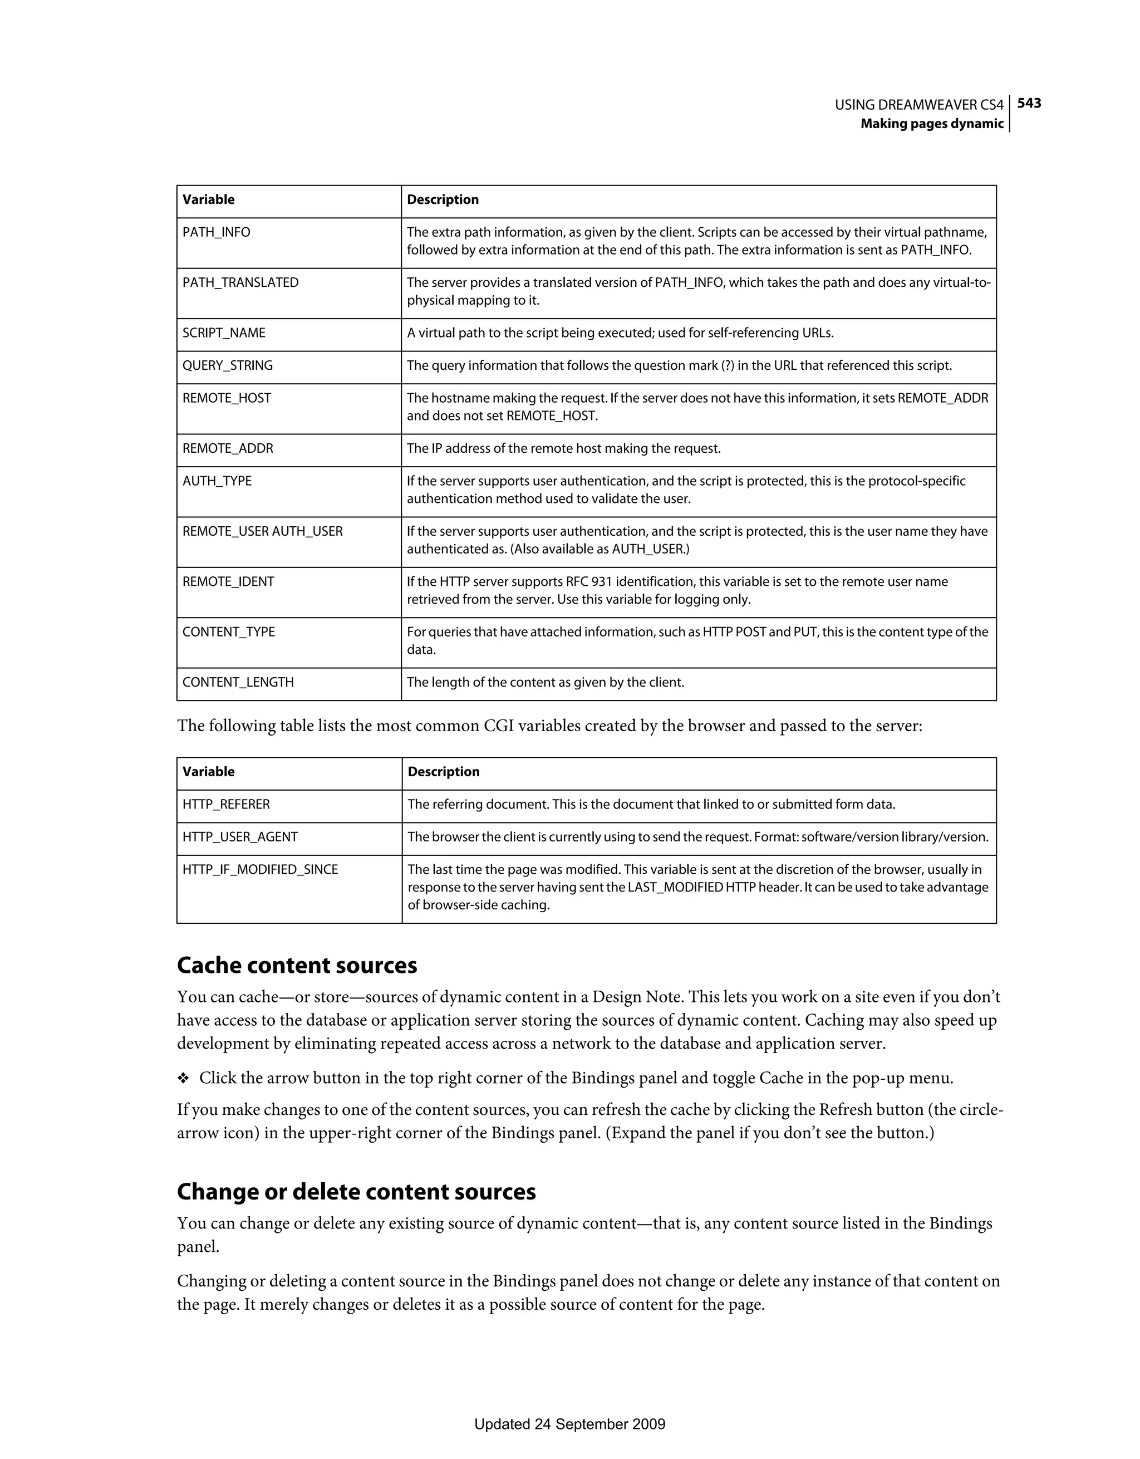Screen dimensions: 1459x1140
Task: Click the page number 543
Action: (x=1029, y=103)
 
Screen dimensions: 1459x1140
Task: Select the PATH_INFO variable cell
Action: (x=217, y=232)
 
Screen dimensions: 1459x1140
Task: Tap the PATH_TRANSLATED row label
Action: (x=240, y=282)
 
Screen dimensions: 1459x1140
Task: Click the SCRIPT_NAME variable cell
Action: (x=224, y=332)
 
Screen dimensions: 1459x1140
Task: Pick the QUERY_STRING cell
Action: (x=228, y=365)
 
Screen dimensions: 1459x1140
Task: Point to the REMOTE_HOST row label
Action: (x=227, y=398)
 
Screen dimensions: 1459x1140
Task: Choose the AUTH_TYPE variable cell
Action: (x=217, y=481)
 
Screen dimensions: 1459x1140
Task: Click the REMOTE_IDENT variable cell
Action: (x=228, y=582)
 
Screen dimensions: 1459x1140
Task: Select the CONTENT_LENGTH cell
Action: (x=238, y=682)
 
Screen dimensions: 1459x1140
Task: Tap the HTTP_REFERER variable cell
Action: (x=227, y=804)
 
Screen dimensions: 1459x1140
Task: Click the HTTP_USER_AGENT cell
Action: (x=240, y=837)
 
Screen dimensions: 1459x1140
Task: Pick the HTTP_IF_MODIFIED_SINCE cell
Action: (x=261, y=870)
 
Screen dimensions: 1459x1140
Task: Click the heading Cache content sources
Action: (x=297, y=965)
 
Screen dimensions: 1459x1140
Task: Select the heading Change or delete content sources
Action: (x=357, y=1192)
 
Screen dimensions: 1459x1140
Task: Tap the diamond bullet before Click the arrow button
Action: (x=183, y=1078)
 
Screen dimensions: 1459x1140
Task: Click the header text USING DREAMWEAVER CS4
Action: (x=919, y=105)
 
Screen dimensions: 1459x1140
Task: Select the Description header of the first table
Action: (x=443, y=200)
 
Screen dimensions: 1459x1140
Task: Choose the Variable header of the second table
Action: (x=208, y=772)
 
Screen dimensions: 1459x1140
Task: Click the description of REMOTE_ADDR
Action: (x=564, y=448)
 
